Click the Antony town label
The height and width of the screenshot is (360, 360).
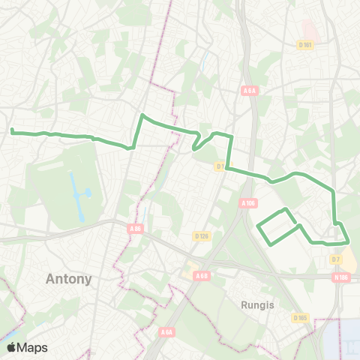pyautogui.click(x=68, y=279)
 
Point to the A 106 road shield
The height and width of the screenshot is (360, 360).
pyautogui.click(x=248, y=202)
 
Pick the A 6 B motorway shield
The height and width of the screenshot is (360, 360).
pyautogui.click(x=201, y=276)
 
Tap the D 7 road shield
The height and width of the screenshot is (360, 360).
pyautogui.click(x=336, y=259)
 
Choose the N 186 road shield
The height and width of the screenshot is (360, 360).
pyautogui.click(x=342, y=277)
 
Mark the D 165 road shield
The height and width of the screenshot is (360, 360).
pyautogui.click(x=301, y=317)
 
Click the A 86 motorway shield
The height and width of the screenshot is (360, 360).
pyautogui.click(x=135, y=229)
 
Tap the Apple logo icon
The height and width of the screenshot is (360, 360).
pyautogui.click(x=12, y=348)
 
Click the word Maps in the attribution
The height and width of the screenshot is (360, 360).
pyautogui.click(x=32, y=348)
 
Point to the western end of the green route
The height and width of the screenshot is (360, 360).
pyautogui.click(x=12, y=131)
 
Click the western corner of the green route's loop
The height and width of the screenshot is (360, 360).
pyautogui.click(x=258, y=226)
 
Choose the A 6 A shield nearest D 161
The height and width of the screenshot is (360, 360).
pyautogui.click(x=250, y=91)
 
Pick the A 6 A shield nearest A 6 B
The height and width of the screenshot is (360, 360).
pyautogui.click(x=166, y=331)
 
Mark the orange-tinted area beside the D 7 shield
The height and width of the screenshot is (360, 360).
pyautogui.click(x=349, y=259)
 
